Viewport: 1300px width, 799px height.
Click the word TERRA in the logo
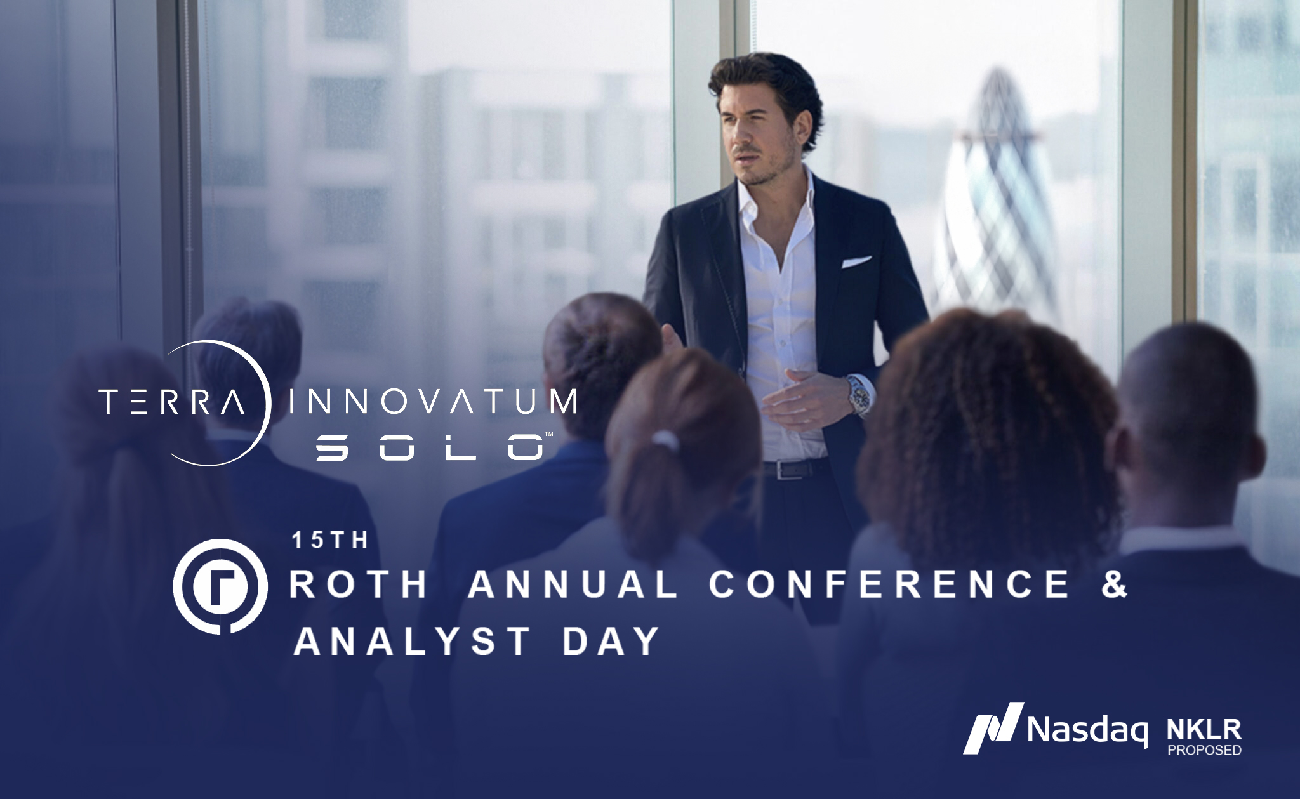(x=172, y=402)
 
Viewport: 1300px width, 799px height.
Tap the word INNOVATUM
(x=433, y=402)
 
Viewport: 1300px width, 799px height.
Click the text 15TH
(x=330, y=540)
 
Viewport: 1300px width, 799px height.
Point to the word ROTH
(x=359, y=584)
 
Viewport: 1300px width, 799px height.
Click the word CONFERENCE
(x=889, y=584)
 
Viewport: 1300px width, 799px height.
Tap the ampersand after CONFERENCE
(x=1114, y=584)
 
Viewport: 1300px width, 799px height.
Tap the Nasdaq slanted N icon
(x=993, y=727)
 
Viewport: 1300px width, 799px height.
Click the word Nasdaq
(x=1087, y=730)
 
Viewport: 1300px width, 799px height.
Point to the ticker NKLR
(x=1204, y=730)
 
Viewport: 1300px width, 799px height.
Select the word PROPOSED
(x=1204, y=749)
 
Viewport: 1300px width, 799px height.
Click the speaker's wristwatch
(x=859, y=395)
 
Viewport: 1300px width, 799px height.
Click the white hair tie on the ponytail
(x=663, y=439)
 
